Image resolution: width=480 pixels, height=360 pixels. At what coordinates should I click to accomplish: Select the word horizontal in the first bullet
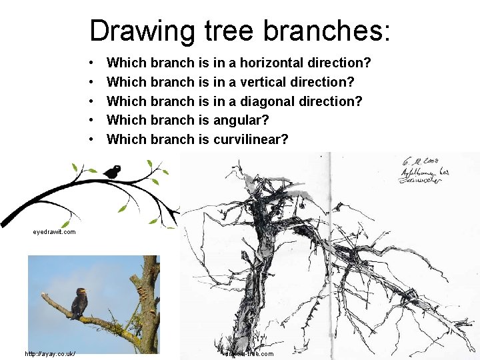271,63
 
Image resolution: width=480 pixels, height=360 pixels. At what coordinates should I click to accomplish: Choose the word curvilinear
251,140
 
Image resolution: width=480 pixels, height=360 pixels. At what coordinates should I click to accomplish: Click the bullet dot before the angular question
91,121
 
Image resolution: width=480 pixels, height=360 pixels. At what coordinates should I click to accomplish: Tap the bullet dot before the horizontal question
91,63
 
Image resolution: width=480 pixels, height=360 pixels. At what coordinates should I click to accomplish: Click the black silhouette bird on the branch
112,171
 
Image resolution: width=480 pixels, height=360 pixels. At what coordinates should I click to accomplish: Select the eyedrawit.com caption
54,232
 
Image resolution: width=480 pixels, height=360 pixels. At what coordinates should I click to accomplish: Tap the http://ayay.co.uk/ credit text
51,353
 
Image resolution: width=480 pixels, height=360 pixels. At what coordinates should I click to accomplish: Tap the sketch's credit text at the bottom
248,353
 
